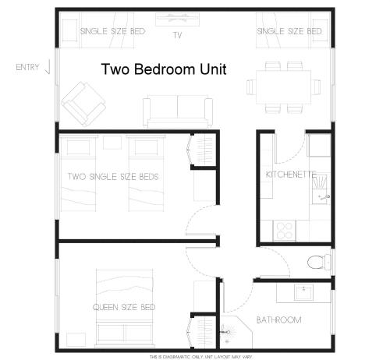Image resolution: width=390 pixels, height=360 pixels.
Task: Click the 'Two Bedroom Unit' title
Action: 164,69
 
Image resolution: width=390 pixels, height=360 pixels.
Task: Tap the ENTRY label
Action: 27,68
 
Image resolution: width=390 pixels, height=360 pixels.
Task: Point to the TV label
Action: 177,35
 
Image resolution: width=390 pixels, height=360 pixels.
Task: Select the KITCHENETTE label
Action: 289,173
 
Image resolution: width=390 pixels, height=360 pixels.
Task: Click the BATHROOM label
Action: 278,320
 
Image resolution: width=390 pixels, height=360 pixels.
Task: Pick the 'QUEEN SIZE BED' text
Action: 124,307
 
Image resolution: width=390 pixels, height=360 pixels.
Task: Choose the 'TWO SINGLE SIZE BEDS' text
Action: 113,177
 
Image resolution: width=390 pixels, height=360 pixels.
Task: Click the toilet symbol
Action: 317,262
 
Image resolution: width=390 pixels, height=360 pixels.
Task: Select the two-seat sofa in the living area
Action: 177,110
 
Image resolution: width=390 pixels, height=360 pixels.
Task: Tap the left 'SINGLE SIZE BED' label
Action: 112,32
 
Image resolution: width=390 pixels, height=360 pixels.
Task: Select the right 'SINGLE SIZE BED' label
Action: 289,32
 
